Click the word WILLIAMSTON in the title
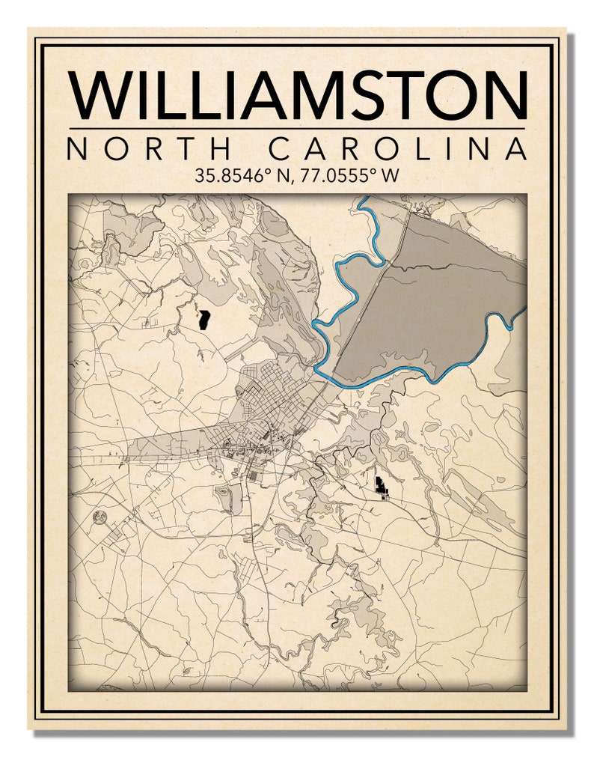coord(297,95)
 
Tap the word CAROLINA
coord(396,149)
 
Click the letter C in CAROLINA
coord(278,149)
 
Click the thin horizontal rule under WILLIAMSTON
coord(297,129)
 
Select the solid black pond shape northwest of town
coord(203,320)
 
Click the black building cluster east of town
coord(382,487)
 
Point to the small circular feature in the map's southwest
coord(99,516)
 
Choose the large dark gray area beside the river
coord(441,300)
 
